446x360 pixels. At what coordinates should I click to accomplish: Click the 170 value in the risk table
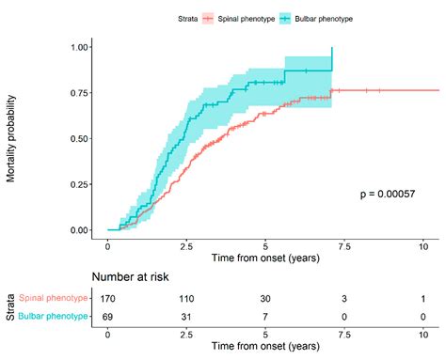[x=108, y=298]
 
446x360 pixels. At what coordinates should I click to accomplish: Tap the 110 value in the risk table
[x=187, y=298]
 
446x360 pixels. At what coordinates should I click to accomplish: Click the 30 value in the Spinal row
[x=266, y=298]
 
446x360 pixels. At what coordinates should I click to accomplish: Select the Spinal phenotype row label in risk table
[x=56, y=298]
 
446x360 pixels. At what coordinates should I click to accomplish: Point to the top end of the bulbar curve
[x=331, y=48]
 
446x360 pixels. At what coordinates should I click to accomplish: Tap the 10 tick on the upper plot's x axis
[x=423, y=245]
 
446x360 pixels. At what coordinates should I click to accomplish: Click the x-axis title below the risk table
[x=265, y=347]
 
